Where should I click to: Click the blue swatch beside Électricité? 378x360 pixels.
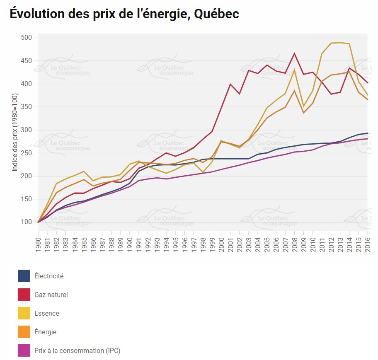[x=24, y=276]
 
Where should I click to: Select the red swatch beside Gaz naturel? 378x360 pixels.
[x=24, y=295]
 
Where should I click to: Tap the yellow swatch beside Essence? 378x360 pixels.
[x=24, y=313]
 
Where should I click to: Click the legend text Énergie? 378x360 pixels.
[x=46, y=332]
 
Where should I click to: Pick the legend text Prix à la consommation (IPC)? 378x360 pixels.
[x=78, y=350]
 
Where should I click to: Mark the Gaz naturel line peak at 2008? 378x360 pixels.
[x=294, y=53]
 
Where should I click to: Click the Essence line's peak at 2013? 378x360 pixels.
[x=340, y=42]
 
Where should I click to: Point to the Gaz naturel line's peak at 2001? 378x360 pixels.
[x=230, y=84]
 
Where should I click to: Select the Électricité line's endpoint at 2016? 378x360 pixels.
[x=368, y=133]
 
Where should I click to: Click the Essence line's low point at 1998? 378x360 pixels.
[x=203, y=172]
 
